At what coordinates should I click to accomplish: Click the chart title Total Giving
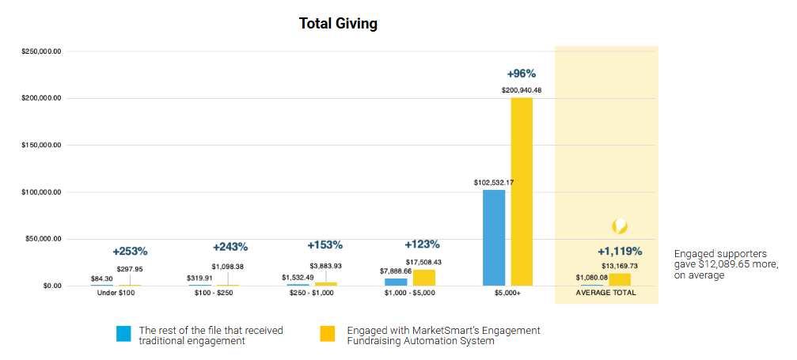(338, 24)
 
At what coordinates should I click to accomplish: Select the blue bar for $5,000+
(494, 237)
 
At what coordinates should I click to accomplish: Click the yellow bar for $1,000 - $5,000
(424, 278)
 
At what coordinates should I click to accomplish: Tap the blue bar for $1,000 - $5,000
(396, 282)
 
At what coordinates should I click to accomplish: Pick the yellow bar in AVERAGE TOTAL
(620, 279)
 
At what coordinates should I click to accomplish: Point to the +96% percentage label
(522, 74)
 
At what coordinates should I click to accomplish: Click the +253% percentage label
(130, 252)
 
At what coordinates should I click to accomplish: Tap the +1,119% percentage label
(620, 252)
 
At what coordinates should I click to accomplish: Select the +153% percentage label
(325, 245)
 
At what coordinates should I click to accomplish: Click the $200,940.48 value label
(522, 90)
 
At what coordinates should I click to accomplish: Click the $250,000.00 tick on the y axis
(41, 51)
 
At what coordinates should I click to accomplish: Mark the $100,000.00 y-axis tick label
(41, 192)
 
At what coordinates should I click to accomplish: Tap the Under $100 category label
(116, 294)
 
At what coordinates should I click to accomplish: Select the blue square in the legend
(123, 334)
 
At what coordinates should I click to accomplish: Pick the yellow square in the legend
(328, 334)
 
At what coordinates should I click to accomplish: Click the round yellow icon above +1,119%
(621, 226)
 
